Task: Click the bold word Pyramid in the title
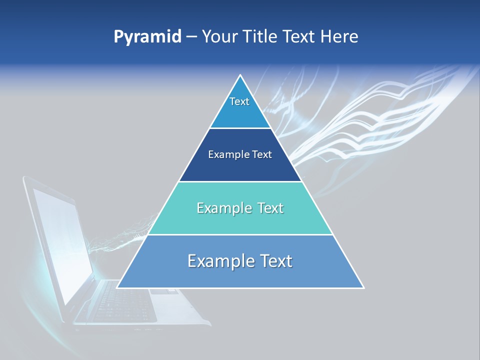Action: [x=147, y=37]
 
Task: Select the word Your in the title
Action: [x=219, y=37]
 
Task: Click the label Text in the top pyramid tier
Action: [x=239, y=101]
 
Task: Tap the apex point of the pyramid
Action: [x=240, y=75]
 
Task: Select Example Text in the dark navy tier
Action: [x=240, y=154]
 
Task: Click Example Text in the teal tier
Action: [x=240, y=208]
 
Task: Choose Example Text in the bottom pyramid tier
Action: [x=240, y=261]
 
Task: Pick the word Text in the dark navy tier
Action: [x=262, y=154]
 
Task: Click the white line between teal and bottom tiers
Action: [x=240, y=234]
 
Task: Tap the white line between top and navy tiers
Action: [x=240, y=128]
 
